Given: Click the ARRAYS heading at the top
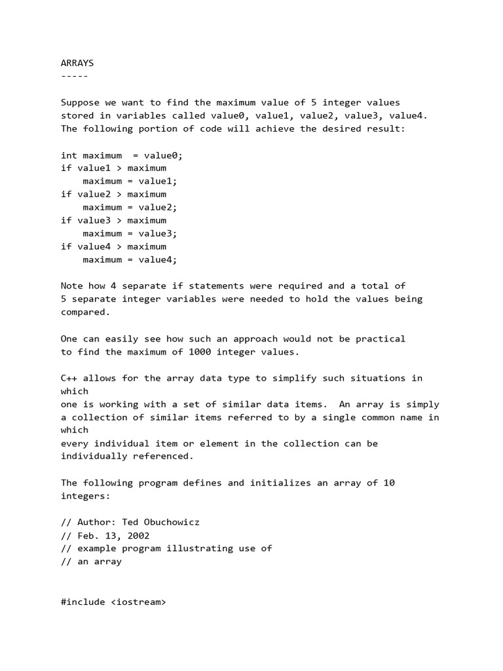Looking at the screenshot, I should click(x=77, y=63).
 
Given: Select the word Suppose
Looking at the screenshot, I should click(x=80, y=102).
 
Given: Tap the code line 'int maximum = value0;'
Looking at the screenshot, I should click(x=122, y=155).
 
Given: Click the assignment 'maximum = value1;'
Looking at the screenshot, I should click(x=130, y=182).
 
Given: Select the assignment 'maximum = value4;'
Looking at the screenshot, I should click(x=130, y=259).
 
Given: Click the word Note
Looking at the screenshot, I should click(x=72, y=286).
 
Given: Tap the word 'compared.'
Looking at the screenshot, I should click(x=86, y=312).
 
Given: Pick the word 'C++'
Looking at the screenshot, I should click(x=69, y=378).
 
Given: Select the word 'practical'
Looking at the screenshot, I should click(x=381, y=339).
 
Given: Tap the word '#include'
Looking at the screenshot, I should click(x=83, y=601).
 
